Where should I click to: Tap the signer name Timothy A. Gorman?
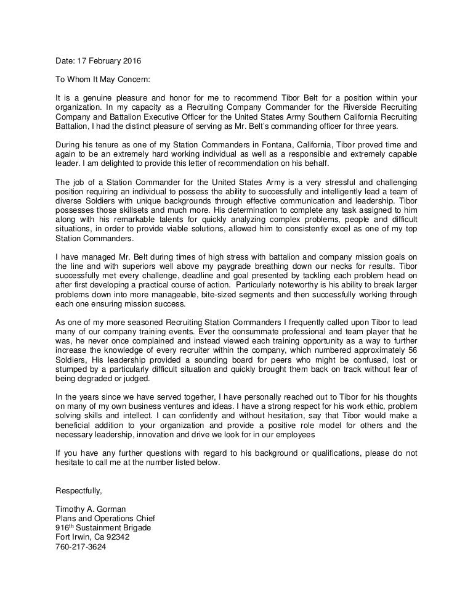91,509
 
